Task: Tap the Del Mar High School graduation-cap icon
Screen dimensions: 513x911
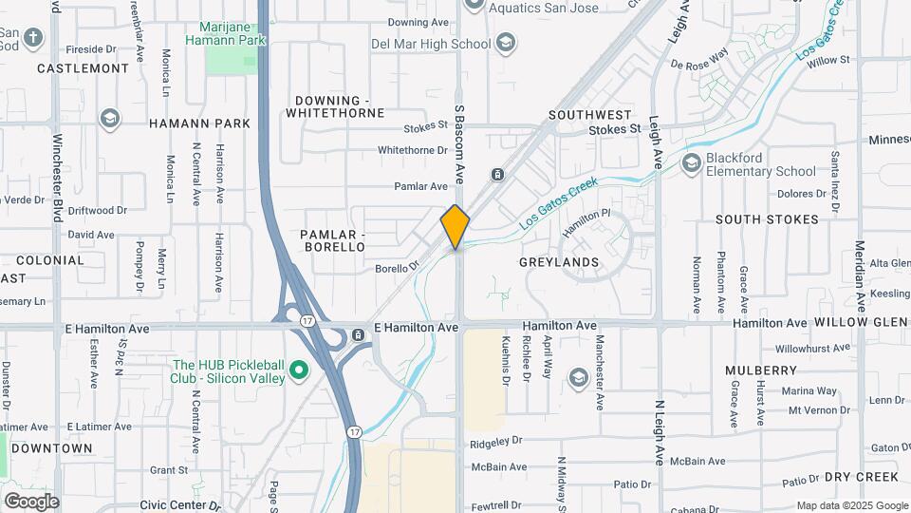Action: click(x=506, y=44)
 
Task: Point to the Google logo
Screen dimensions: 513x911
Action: click(x=32, y=501)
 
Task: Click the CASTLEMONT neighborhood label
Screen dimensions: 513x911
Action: click(x=83, y=68)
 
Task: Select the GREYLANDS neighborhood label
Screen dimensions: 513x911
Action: click(x=559, y=261)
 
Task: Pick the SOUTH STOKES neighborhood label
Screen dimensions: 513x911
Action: click(x=767, y=218)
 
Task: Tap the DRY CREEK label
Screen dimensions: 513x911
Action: click(x=861, y=476)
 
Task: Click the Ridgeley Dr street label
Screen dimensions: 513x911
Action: click(x=497, y=441)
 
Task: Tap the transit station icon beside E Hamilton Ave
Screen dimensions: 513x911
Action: click(x=358, y=334)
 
